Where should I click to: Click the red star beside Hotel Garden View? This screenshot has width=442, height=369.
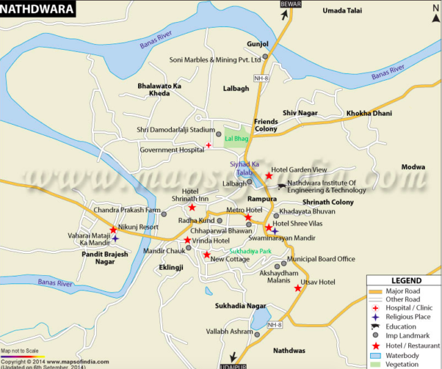269,176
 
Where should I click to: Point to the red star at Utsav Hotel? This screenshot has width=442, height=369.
298,288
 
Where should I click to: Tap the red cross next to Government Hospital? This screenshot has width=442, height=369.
209,146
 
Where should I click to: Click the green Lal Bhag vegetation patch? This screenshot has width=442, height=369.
236,139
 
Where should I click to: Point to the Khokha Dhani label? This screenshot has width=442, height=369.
369,112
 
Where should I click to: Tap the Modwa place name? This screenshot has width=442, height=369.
413,168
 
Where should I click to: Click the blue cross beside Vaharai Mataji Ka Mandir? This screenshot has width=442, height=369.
115,239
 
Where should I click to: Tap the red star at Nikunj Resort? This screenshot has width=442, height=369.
113,230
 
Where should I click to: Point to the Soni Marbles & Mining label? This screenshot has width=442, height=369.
215,59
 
